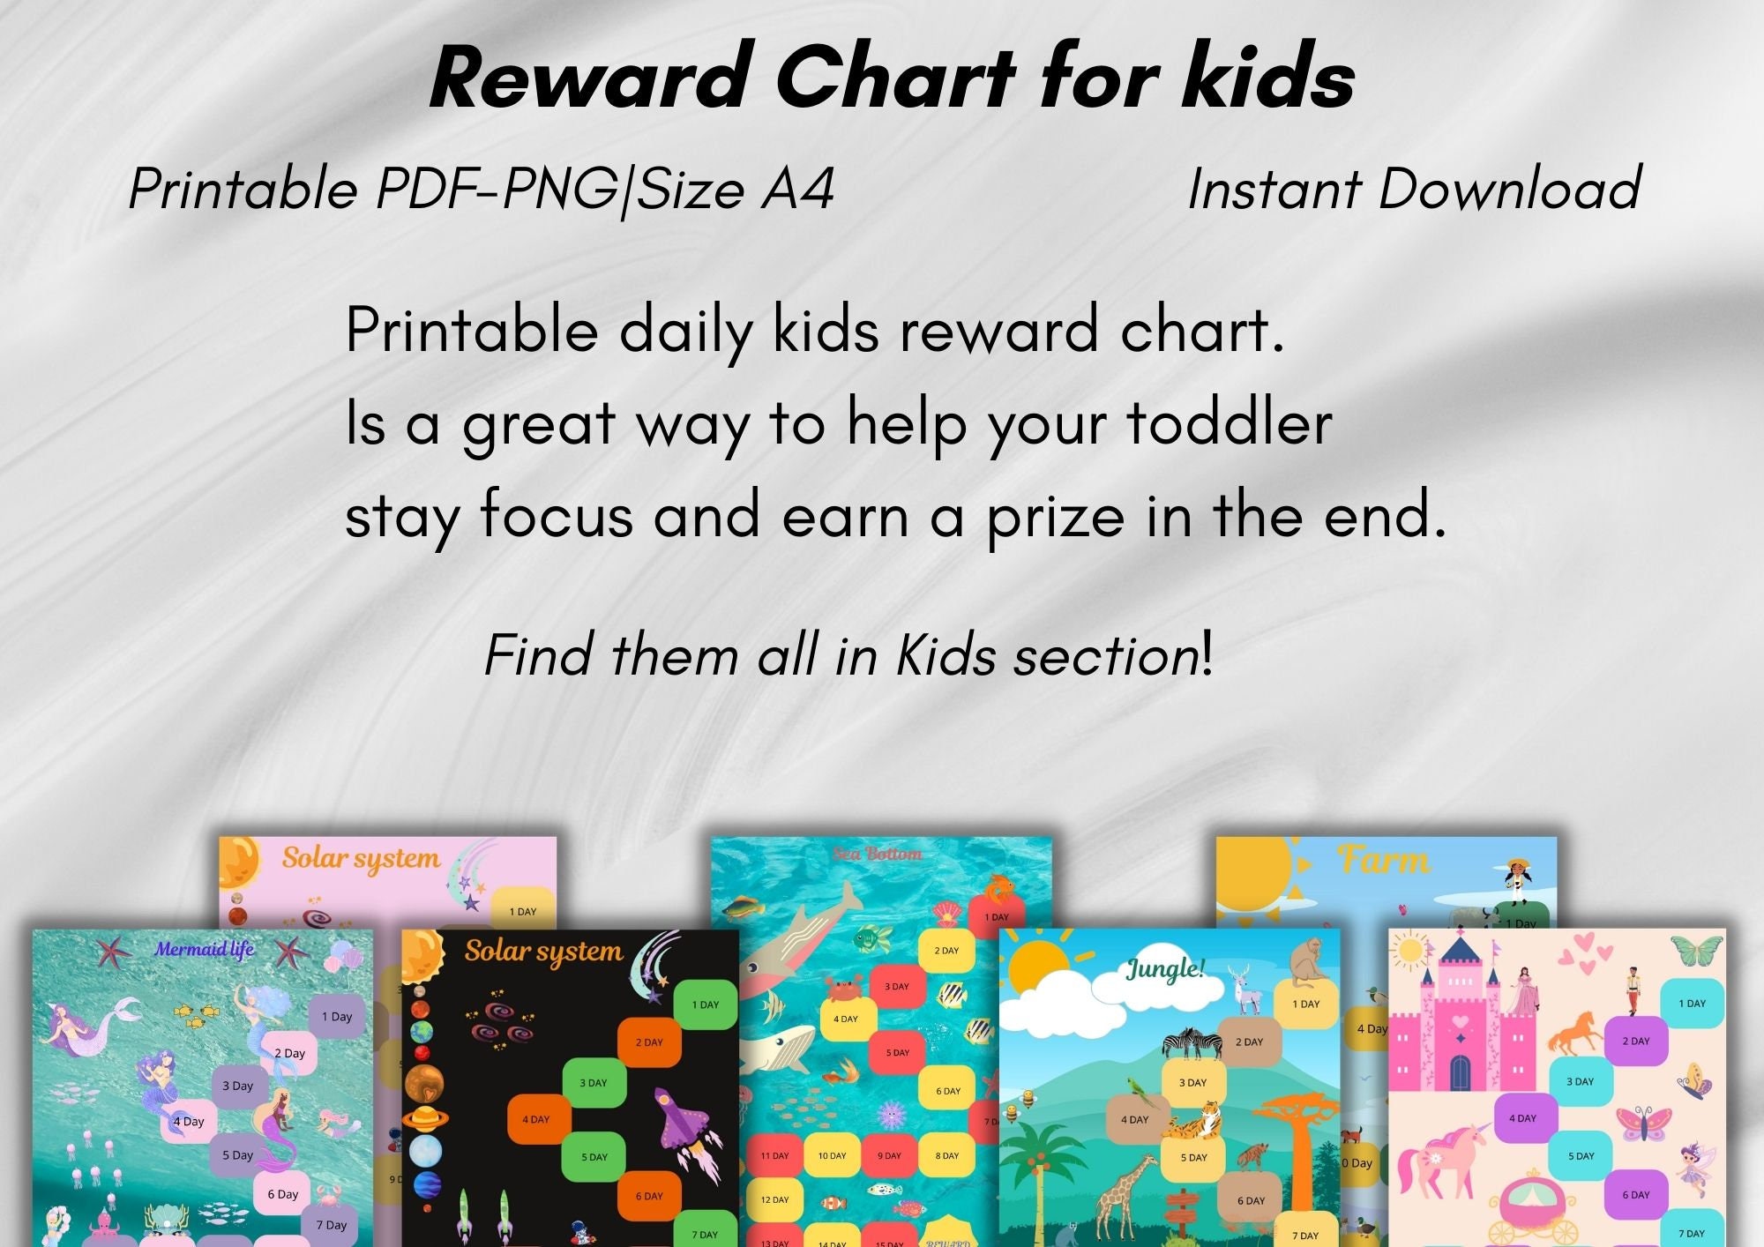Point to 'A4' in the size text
pyautogui.click(x=798, y=190)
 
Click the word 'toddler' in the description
pyautogui.click(x=1230, y=423)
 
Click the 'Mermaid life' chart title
pyautogui.click(x=205, y=949)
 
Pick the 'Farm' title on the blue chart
pyautogui.click(x=1383, y=859)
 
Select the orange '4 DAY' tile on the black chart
pyautogui.click(x=536, y=1119)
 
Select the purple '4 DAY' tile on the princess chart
pyautogui.click(x=1522, y=1117)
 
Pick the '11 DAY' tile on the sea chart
pyautogui.click(x=774, y=1155)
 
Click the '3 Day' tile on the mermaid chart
pyautogui.click(x=238, y=1086)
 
